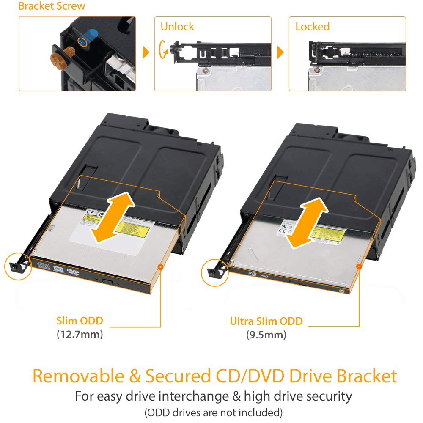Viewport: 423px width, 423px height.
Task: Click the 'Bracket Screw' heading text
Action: click(x=52, y=6)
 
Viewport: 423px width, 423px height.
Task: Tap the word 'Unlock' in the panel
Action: click(x=177, y=27)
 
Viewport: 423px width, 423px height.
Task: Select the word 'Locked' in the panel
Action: click(x=312, y=27)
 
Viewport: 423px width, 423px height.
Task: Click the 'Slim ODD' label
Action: click(x=80, y=321)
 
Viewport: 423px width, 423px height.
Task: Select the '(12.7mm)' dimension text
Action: click(x=80, y=335)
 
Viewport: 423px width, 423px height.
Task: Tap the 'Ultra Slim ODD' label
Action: click(x=266, y=321)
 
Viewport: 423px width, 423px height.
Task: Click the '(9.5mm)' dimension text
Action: click(x=266, y=335)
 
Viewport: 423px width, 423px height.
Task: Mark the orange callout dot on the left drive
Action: click(x=160, y=267)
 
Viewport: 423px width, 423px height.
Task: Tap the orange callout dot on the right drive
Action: click(x=359, y=266)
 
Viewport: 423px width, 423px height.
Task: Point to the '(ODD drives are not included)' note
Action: click(x=213, y=412)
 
